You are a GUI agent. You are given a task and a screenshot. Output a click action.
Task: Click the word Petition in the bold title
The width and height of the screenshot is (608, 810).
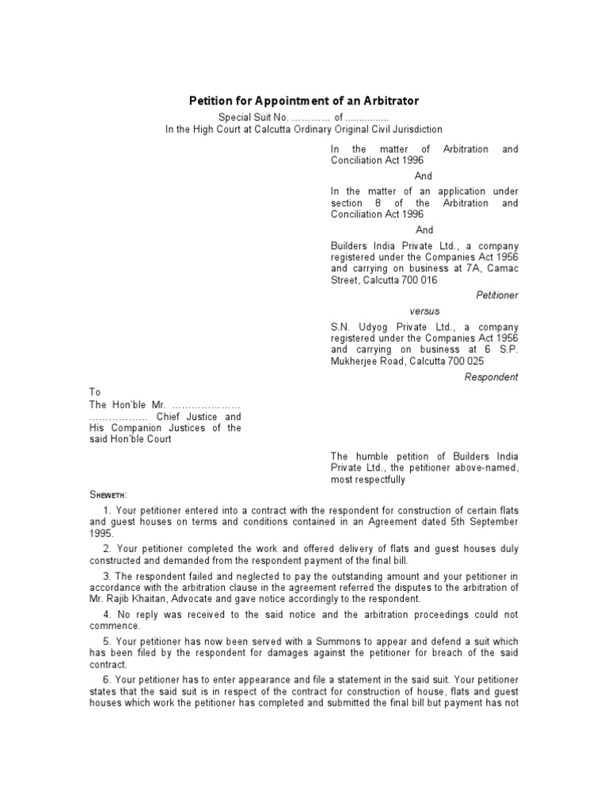[x=209, y=101]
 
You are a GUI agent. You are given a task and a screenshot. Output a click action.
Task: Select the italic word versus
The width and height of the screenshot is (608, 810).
[x=424, y=311]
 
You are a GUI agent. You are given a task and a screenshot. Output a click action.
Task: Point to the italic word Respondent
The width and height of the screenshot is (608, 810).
[x=491, y=377]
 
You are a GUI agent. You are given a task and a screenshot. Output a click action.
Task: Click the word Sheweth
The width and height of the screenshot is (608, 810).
[x=113, y=494]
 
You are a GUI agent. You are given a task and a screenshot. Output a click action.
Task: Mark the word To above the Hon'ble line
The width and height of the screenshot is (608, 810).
[x=95, y=392]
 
